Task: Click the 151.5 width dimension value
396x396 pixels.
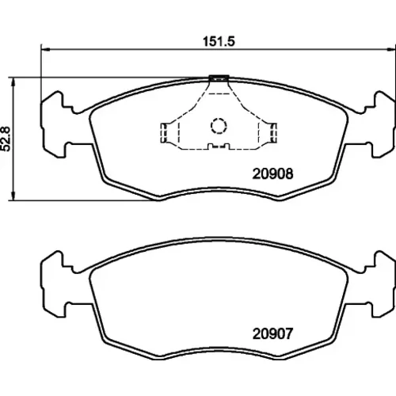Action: click(x=219, y=41)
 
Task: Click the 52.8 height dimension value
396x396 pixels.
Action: click(x=6, y=139)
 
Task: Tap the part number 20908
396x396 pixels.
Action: click(x=272, y=174)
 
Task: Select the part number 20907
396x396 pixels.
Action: click(x=272, y=333)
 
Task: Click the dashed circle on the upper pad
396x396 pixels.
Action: click(x=219, y=125)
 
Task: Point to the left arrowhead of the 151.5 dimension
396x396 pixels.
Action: click(x=46, y=49)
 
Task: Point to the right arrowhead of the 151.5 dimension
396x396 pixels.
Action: click(x=391, y=49)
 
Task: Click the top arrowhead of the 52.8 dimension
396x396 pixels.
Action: click(x=13, y=82)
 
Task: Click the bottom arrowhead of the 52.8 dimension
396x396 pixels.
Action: click(x=13, y=196)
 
